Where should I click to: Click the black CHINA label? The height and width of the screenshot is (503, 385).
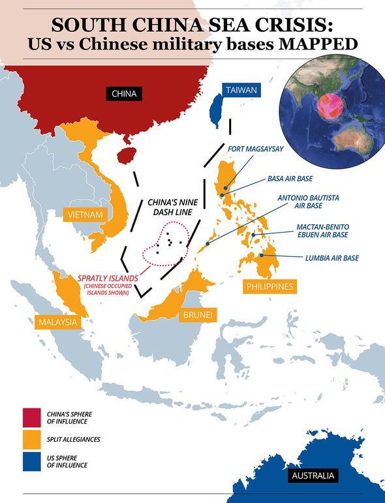pos(124,94)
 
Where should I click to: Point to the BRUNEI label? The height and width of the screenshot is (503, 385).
pos(198,315)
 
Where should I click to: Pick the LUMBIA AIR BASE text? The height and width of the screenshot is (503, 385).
pos(332,258)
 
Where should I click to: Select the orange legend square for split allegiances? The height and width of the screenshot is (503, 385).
pos(30,440)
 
